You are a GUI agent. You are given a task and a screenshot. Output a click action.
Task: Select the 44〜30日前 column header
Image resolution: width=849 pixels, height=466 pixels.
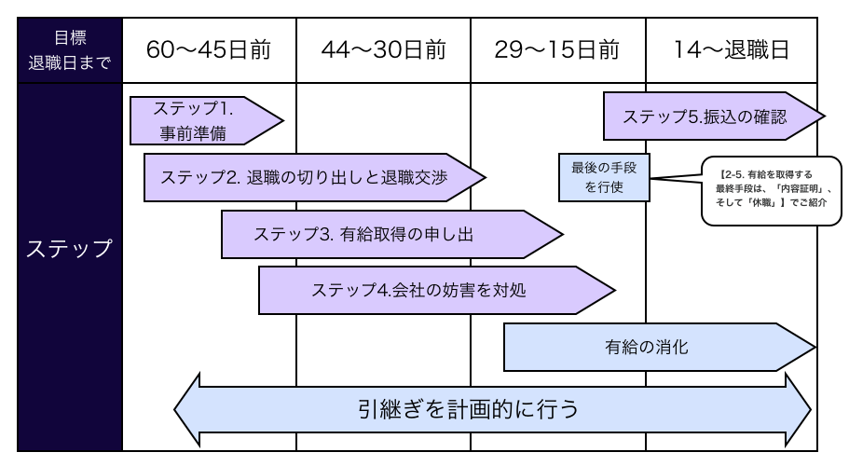[x=383, y=49]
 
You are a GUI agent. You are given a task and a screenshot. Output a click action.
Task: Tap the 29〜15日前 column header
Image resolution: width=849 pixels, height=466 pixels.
[x=557, y=49]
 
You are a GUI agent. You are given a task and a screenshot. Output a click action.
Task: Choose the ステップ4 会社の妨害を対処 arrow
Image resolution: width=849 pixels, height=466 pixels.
[x=429, y=290]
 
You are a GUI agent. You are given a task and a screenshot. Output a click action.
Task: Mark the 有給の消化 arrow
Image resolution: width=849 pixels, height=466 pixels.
[x=652, y=348]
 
